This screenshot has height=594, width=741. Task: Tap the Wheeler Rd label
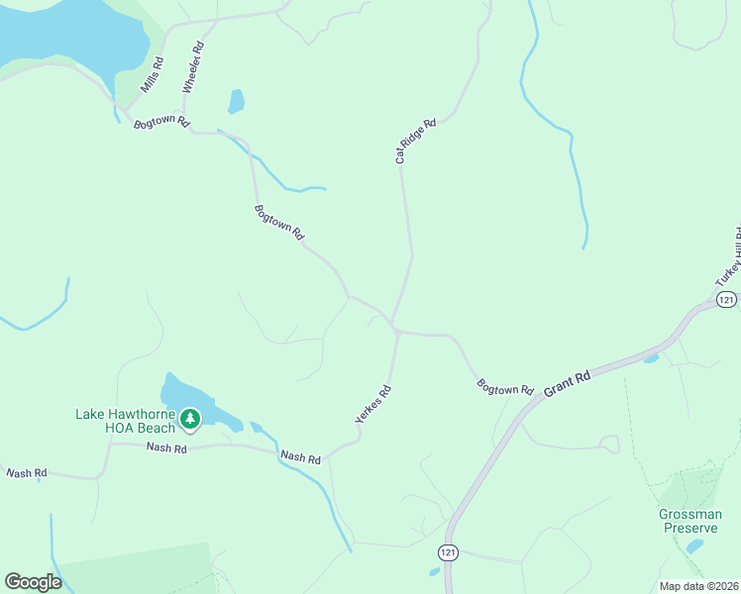[192, 67]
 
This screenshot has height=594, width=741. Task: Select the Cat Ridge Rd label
[415, 141]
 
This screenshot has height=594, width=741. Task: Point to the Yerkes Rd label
[373, 405]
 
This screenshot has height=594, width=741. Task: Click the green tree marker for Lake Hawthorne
[190, 421]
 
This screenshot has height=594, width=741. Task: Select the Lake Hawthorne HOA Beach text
[125, 421]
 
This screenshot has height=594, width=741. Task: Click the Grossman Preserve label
[690, 521]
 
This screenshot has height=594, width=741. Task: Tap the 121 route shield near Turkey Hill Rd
[727, 299]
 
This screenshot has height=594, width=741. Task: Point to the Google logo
[33, 582]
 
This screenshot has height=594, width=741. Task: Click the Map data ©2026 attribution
[699, 586]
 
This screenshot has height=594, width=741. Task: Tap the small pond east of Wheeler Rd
[236, 101]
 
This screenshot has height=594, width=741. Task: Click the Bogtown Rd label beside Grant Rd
[505, 386]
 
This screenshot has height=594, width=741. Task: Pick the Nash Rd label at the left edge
[26, 473]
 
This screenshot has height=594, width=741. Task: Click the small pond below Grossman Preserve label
[694, 545]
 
